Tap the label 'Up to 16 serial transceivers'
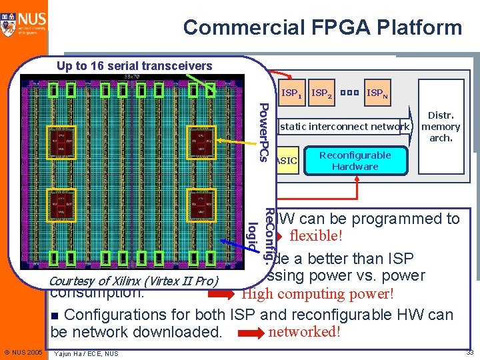click(134, 65)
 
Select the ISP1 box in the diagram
click(291, 94)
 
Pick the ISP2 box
click(323, 94)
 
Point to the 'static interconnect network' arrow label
click(345, 126)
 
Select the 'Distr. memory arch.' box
click(441, 126)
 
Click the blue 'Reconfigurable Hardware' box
click(355, 161)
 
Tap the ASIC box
click(287, 161)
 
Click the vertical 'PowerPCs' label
click(263, 132)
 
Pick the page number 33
click(469, 352)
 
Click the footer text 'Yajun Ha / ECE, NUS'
click(87, 353)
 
